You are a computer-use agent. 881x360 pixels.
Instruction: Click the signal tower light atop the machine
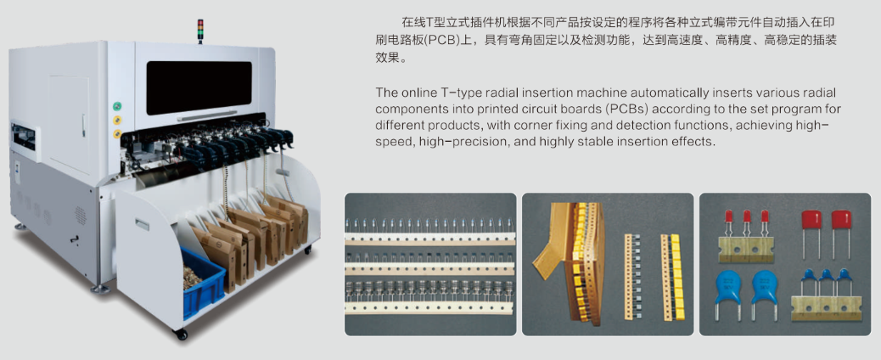pos(199,31)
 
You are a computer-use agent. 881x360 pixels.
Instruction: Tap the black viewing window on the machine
pos(199,87)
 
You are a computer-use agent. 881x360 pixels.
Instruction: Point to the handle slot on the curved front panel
pos(142,225)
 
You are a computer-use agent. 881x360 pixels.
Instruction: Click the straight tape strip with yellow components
pos(671,278)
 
